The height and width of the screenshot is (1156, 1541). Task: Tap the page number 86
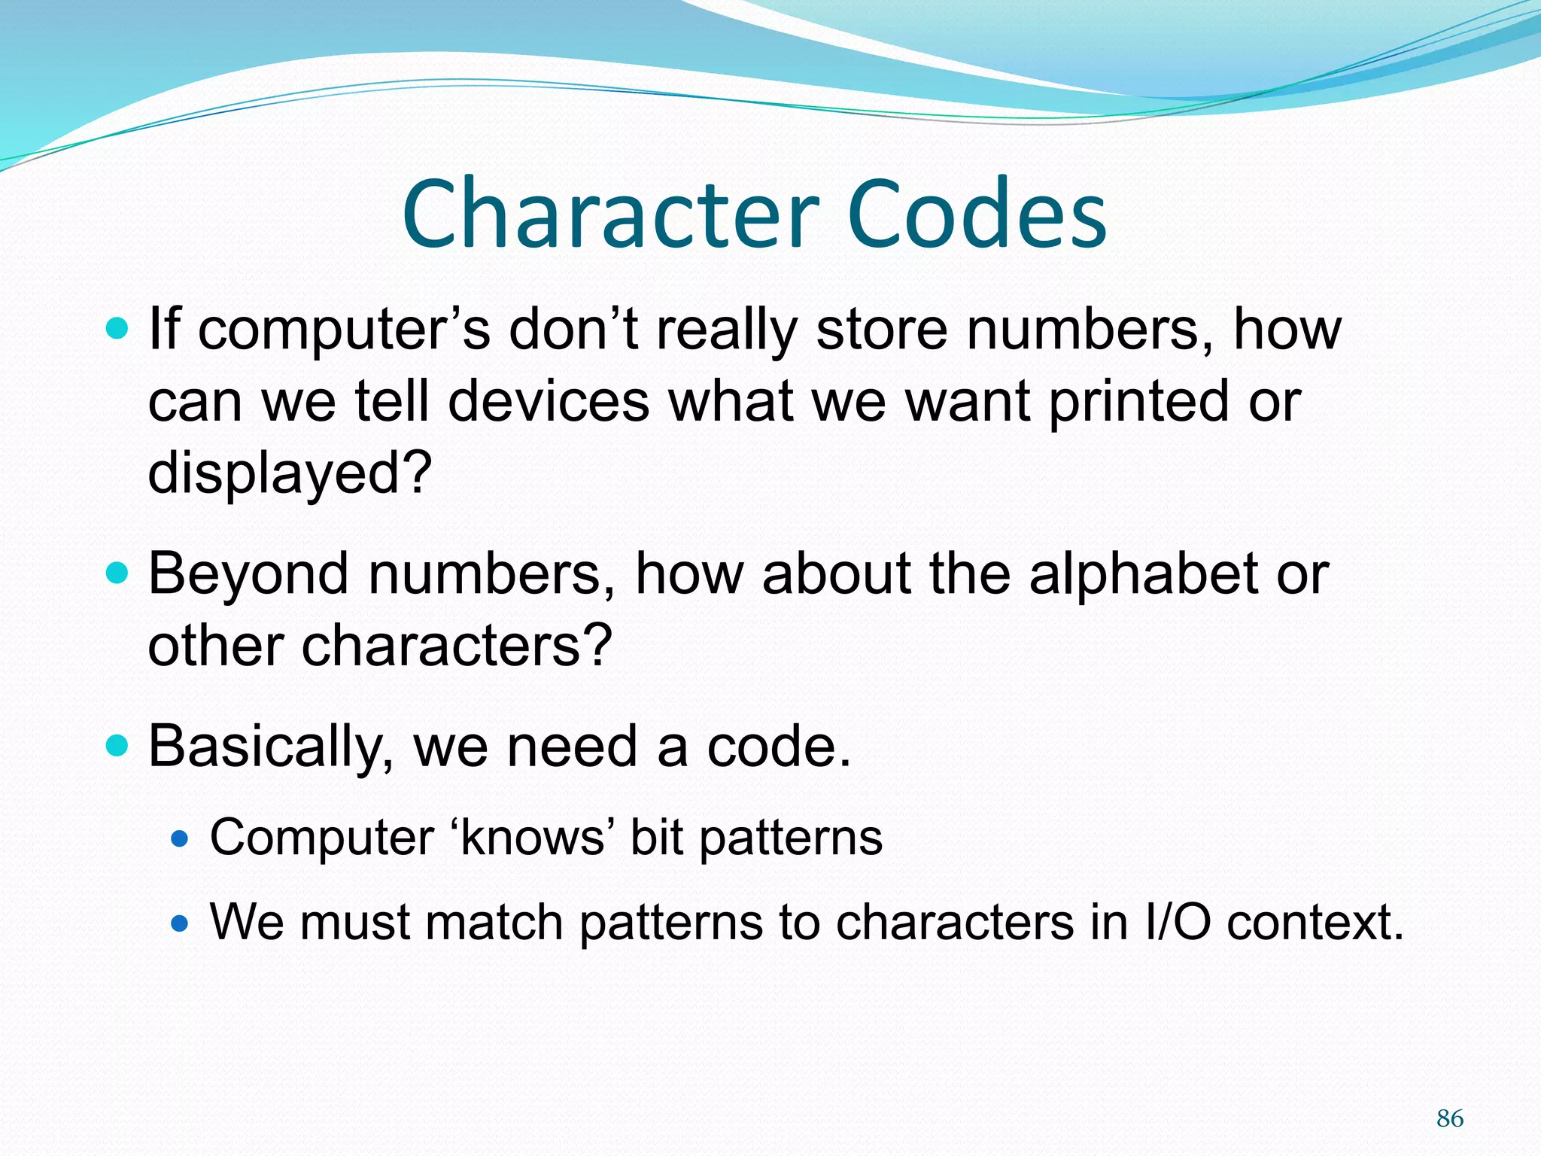point(1449,1118)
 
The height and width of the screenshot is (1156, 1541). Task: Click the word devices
point(549,400)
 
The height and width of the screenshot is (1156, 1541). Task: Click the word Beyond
point(249,574)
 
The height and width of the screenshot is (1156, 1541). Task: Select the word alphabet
point(1144,574)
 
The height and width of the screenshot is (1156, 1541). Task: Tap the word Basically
point(271,747)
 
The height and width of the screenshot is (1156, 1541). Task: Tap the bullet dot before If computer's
point(117,329)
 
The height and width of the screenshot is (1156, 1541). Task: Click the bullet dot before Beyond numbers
point(117,574)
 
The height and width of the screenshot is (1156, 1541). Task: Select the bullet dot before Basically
point(117,746)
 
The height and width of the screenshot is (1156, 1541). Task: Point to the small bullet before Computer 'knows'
point(180,838)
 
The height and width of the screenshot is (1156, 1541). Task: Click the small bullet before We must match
point(180,923)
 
